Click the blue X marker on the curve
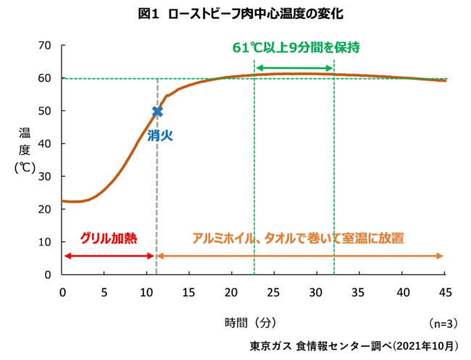(157, 111)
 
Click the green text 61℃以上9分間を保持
(296, 47)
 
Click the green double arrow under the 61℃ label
(294, 68)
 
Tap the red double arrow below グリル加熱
(109, 256)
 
